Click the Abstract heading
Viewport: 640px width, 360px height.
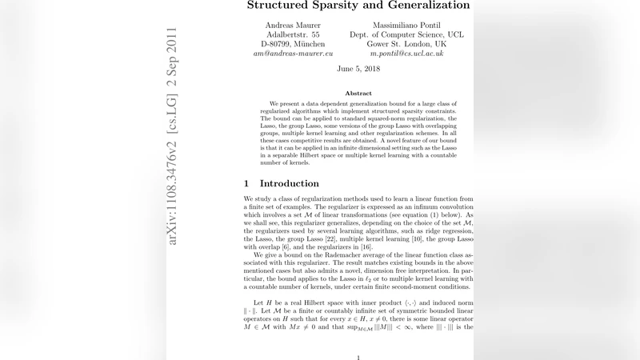(358, 94)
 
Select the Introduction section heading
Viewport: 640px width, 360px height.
(289, 183)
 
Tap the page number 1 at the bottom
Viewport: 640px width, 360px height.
(358, 358)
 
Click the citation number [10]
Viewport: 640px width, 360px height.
(433, 238)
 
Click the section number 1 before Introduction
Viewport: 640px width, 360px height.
(247, 183)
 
